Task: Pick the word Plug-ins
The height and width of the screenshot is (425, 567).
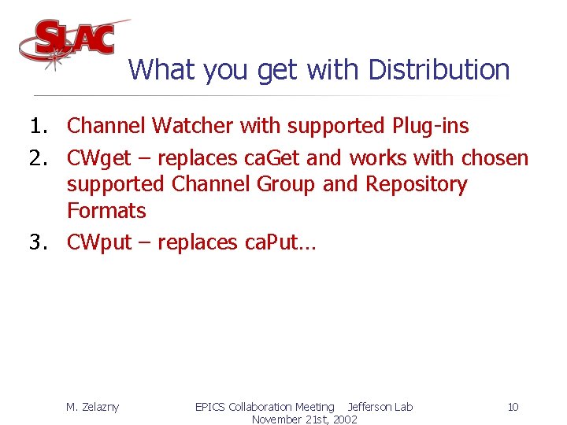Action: [429, 126]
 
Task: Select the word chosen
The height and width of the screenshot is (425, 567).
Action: [495, 159]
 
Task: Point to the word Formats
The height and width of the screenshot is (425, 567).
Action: [106, 211]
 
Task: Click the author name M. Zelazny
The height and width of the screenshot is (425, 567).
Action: [92, 407]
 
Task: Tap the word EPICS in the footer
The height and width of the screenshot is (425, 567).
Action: [210, 407]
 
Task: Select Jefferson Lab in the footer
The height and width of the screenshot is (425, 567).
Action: [380, 407]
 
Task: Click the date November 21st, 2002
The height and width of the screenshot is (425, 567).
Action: [304, 419]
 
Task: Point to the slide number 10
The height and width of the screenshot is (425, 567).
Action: [513, 407]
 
